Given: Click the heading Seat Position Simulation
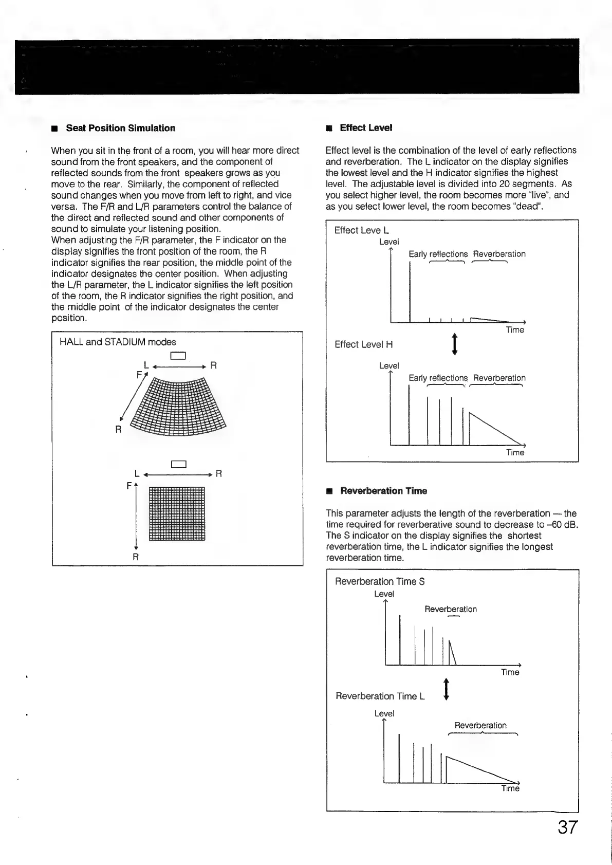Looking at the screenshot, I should [120, 128].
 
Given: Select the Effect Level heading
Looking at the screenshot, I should [366, 127].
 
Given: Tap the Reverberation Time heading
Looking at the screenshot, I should [383, 491].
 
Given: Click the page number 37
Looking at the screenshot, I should [567, 827].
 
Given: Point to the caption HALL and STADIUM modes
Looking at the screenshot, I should [118, 342].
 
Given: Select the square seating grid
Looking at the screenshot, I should [177, 513].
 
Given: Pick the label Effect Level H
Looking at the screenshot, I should [363, 344].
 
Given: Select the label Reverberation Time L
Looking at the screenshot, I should [380, 696].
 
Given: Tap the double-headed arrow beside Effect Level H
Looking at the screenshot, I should [454, 344].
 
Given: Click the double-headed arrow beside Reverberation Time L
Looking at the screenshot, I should [446, 690].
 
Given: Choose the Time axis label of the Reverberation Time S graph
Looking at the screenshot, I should [510, 672].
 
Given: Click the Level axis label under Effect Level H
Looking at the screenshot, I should [388, 366].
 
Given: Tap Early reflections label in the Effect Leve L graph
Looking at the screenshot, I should [438, 254].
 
